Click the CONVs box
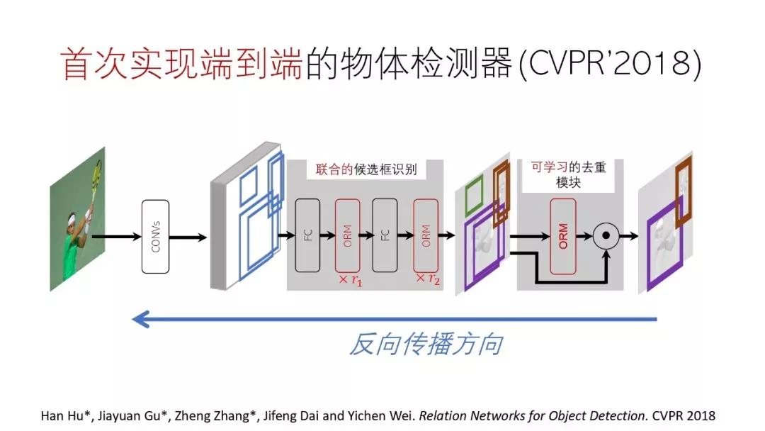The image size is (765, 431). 160,237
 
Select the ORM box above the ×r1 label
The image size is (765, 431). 347,235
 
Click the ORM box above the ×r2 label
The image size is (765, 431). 425,235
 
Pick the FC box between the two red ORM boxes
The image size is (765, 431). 385,235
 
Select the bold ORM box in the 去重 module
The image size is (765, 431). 562,235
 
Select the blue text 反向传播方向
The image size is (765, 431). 426,345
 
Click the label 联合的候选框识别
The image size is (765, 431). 365,171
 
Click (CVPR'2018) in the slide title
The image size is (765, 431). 608,65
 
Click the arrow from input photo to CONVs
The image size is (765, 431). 117,237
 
